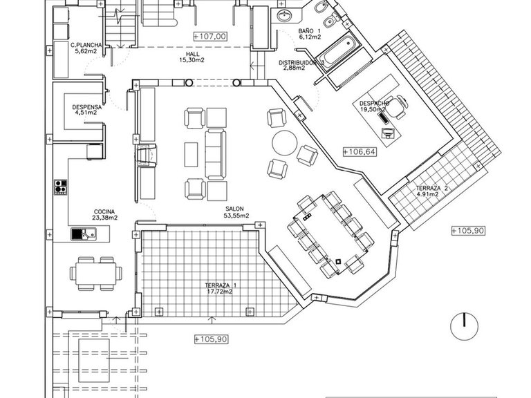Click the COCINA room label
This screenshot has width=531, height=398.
click(104, 212)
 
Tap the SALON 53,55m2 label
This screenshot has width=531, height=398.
click(236, 212)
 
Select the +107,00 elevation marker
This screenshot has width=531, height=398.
click(210, 36)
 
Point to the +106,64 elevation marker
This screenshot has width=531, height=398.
click(360, 151)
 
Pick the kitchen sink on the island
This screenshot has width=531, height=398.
click(83, 234)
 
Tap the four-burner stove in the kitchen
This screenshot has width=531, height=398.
click(61, 187)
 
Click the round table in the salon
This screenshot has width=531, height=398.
click(285, 143)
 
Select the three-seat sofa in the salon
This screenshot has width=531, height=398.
click(216, 154)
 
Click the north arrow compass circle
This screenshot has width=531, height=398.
click(464, 326)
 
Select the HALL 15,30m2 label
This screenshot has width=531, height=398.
click(192, 57)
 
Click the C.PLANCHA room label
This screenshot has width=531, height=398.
click(86, 45)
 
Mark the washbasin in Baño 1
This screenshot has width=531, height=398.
click(284, 15)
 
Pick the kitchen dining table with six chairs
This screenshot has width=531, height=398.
click(96, 274)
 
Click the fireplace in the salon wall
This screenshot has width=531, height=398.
click(147, 155)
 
